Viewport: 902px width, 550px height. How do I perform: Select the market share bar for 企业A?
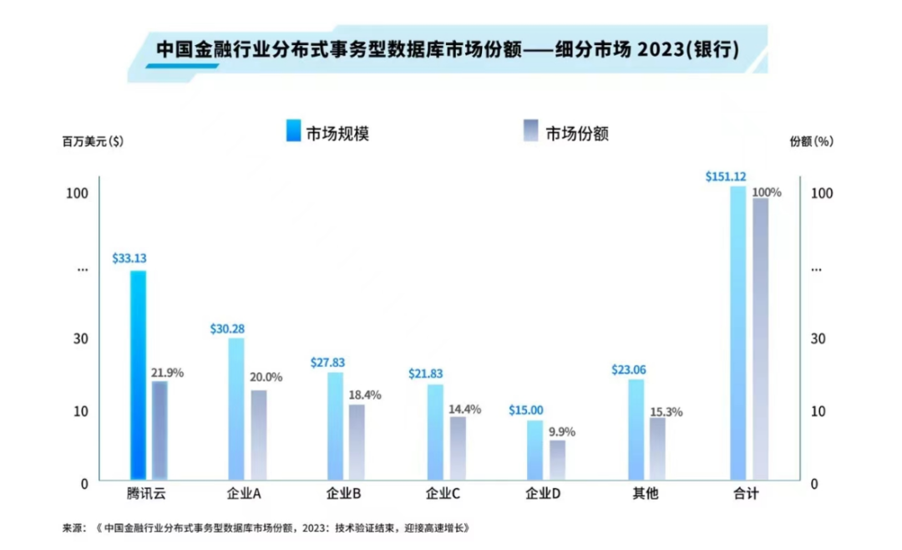259,435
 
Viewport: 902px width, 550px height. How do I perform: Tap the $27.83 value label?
327,363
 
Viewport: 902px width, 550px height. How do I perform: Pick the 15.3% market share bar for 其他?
658,448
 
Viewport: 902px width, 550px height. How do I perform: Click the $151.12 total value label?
725,176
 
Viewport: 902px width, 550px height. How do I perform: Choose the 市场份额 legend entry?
577,133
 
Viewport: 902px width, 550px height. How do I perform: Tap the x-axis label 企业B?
343,494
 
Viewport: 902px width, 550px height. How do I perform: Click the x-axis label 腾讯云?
147,494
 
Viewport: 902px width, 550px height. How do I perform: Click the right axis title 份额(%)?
811,141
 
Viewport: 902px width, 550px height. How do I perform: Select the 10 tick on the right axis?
820,411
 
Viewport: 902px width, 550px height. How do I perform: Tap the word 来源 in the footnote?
73,528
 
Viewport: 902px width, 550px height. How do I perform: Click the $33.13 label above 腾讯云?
129,258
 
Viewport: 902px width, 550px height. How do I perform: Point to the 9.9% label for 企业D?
562,432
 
